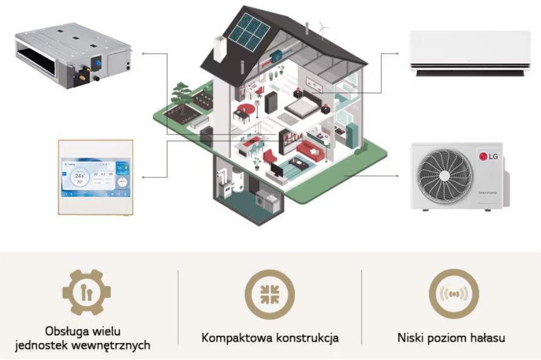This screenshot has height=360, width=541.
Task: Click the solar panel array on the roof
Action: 248,33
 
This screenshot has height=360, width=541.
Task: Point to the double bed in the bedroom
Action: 302,109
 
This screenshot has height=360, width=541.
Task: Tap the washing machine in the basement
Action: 263,199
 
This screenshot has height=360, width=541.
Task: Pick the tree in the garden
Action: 181,93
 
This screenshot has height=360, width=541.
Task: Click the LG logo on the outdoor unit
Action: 490,156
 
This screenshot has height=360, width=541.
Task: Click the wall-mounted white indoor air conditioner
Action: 469,54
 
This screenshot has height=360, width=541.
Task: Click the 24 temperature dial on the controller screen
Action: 79,176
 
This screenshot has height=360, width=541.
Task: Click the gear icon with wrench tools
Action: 87,293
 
